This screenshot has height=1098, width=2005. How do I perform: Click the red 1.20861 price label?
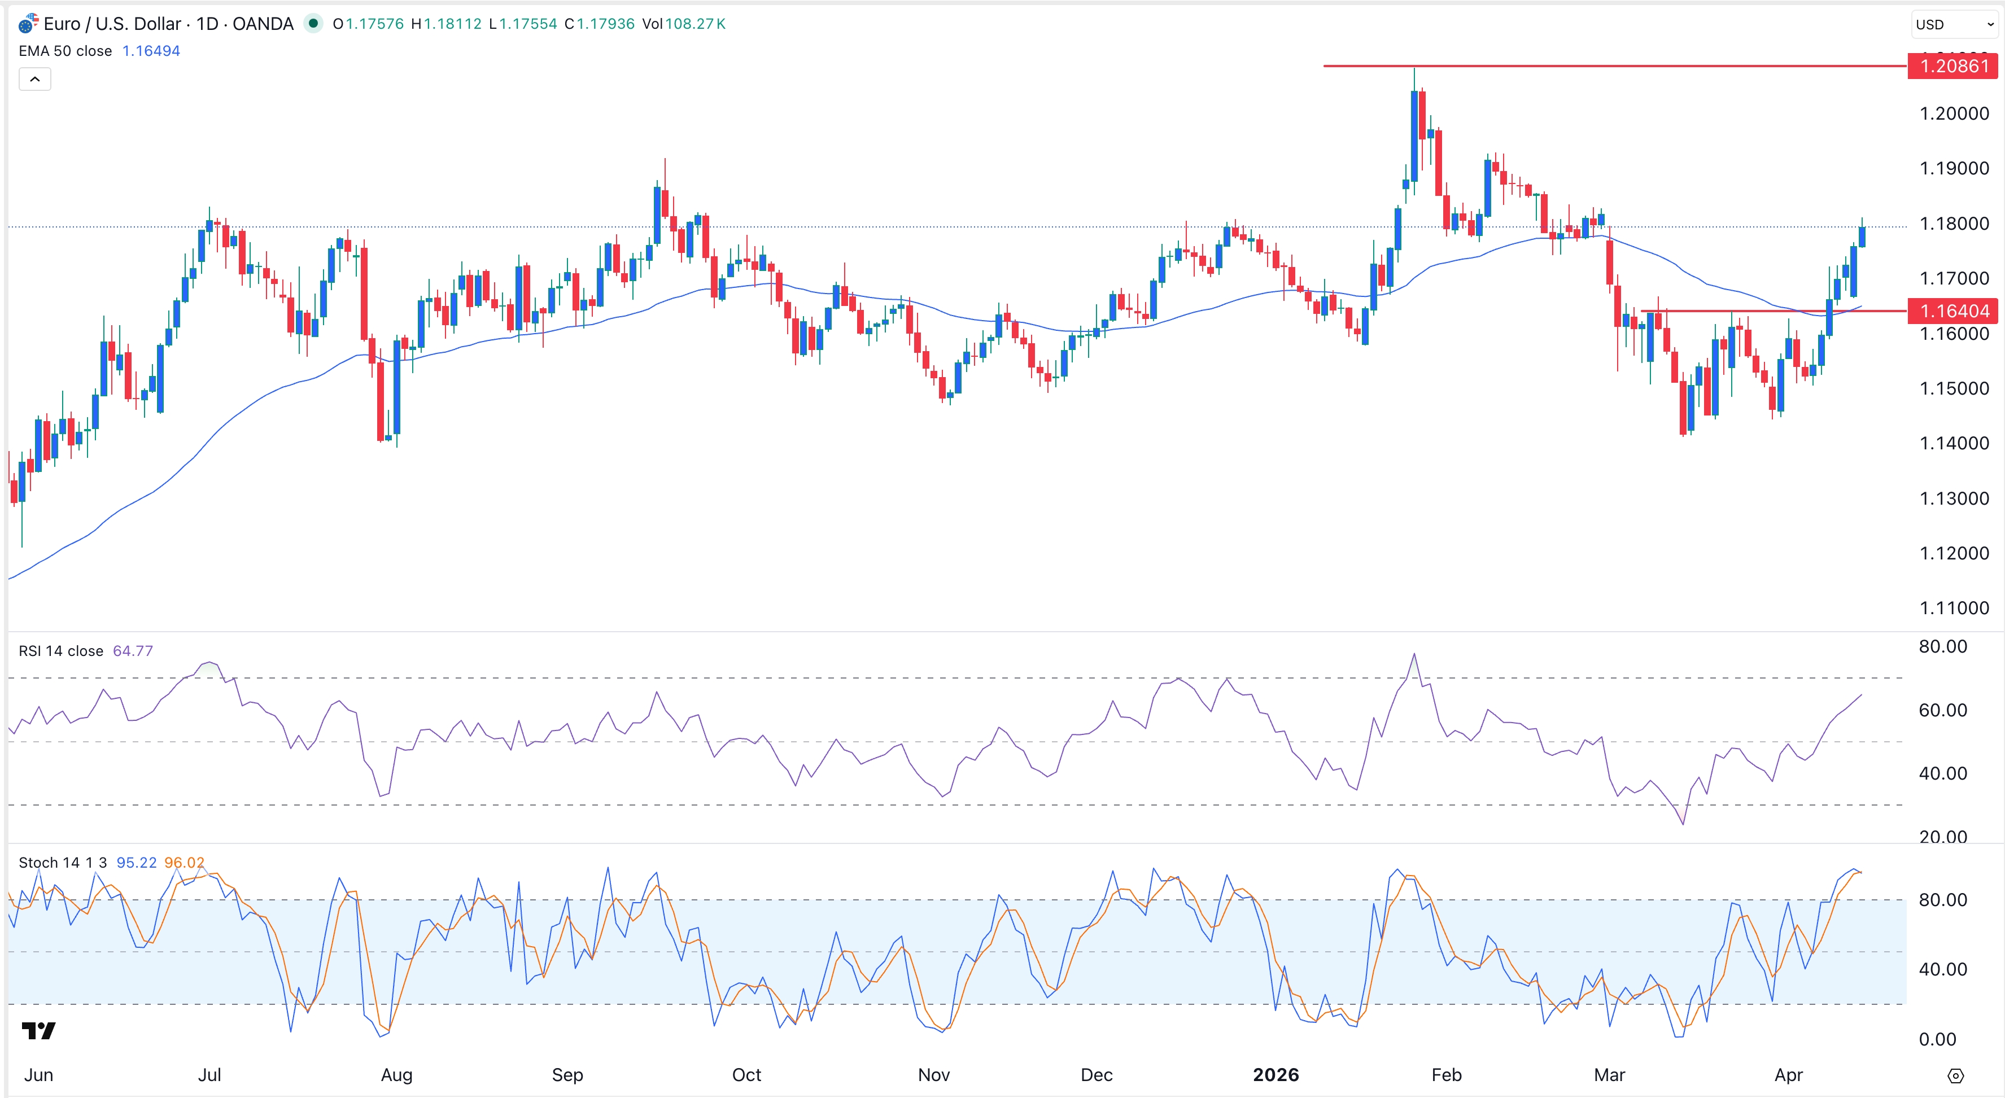coord(1954,66)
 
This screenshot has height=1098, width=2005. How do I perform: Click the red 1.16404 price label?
coord(1954,310)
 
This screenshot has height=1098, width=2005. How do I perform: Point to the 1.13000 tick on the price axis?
coord(1954,498)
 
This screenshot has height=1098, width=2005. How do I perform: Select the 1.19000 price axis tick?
coord(1954,168)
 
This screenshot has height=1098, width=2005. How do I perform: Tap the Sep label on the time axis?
coord(567,1075)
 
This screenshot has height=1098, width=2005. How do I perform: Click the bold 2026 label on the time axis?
coord(1275,1075)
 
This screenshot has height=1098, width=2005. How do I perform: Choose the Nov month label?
coord(933,1075)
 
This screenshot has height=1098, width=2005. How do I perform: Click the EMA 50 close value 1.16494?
coord(151,51)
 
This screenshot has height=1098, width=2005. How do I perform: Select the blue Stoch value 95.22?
coord(136,862)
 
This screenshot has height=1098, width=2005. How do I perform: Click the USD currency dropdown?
coord(1954,24)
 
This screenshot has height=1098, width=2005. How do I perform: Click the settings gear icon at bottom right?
coord(1955,1076)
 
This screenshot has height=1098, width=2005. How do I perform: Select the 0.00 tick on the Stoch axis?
coord(1937,1039)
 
